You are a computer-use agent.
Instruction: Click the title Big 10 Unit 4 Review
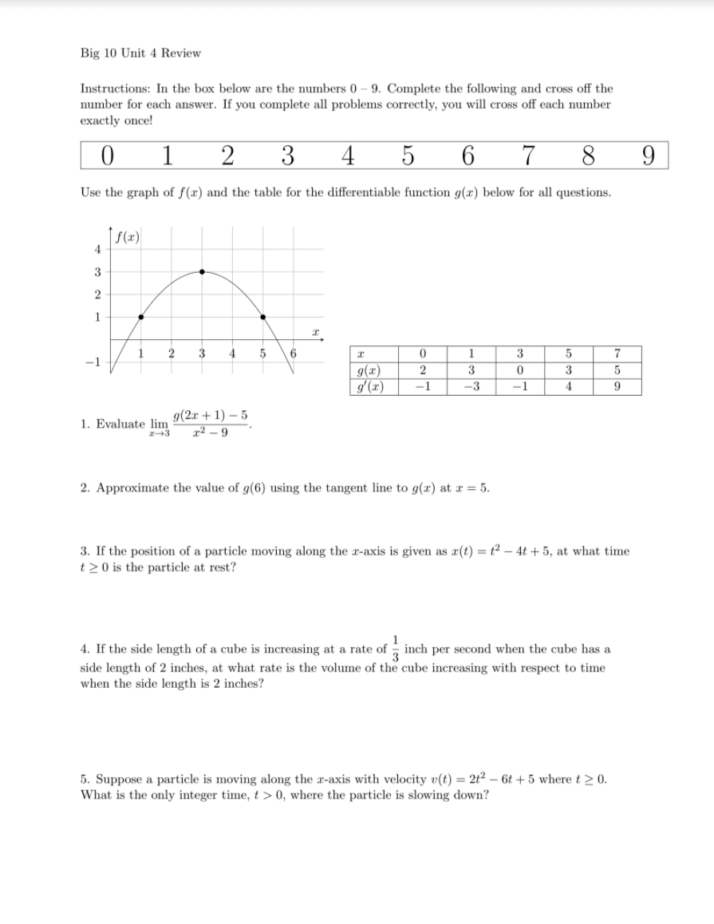pos(140,53)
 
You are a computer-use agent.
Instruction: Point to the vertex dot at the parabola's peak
pos(202,271)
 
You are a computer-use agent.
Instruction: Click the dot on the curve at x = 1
pos(141,317)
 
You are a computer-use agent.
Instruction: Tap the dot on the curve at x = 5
pos(263,317)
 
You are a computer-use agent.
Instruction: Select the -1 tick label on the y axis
pos(91,360)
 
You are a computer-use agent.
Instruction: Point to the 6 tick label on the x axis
pos(294,354)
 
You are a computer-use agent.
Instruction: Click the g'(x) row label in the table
pos(369,386)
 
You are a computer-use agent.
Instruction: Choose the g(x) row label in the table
pos(369,370)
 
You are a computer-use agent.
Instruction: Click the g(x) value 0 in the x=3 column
pos(519,370)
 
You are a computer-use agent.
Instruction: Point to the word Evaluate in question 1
pos(122,424)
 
